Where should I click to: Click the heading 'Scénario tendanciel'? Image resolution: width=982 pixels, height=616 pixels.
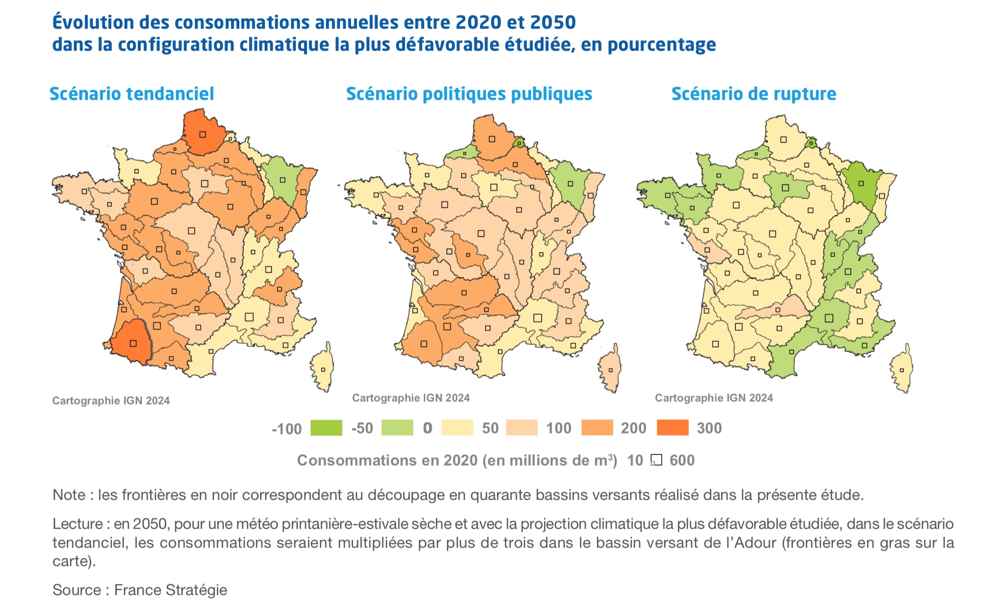click(x=132, y=94)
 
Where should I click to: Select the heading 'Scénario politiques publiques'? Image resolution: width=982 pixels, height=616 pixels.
click(x=469, y=94)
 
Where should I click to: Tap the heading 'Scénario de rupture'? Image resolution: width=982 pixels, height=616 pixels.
click(x=753, y=94)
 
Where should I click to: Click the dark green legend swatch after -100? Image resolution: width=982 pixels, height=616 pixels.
click(x=326, y=428)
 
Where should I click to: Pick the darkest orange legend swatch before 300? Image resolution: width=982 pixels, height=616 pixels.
click(x=672, y=428)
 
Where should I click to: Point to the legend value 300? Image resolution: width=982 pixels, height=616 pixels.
click(x=709, y=428)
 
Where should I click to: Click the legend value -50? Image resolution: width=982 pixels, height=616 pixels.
click(x=362, y=428)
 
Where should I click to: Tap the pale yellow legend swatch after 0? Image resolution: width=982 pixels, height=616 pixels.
click(x=457, y=428)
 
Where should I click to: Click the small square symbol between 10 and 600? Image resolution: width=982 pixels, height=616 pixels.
click(x=656, y=460)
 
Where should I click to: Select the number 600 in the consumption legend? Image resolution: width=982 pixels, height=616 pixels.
click(x=682, y=460)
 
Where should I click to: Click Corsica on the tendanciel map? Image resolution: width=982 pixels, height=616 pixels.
click(x=323, y=368)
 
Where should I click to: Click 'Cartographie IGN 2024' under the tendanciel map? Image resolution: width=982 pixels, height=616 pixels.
click(x=111, y=400)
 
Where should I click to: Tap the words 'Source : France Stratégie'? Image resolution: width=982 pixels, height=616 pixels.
click(x=139, y=590)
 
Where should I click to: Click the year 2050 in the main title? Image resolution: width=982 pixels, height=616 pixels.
click(x=553, y=22)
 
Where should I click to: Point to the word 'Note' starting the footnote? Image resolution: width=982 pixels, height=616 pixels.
click(x=69, y=495)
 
